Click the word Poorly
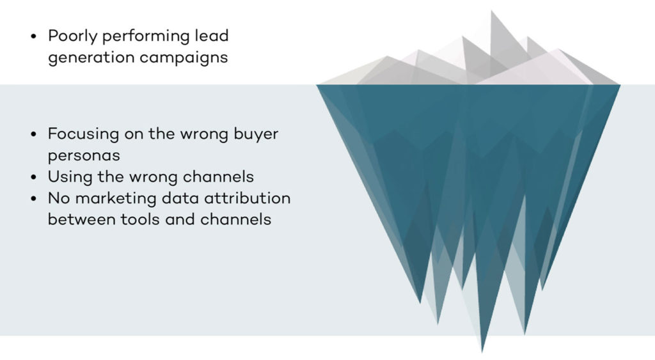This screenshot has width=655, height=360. [x=73, y=36]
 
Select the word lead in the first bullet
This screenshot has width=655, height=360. [x=212, y=35]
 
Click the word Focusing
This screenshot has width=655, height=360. [x=84, y=134]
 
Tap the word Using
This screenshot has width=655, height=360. [x=70, y=177]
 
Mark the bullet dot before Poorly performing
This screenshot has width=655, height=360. [x=34, y=36]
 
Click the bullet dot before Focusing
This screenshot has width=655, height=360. [x=34, y=134]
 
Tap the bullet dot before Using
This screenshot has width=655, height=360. [x=34, y=177]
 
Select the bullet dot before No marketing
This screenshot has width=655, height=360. [x=34, y=198]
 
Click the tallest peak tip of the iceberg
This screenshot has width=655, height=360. [x=492, y=11]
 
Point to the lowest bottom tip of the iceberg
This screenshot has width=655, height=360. [x=482, y=352]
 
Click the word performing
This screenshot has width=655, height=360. [x=146, y=36]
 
